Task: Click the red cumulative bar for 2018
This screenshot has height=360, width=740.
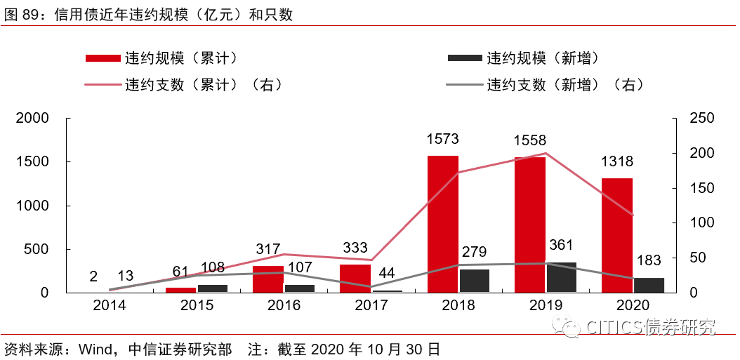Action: pos(443,224)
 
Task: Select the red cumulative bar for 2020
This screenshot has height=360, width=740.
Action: pos(617,235)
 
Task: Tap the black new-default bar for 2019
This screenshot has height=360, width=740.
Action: pos(562,277)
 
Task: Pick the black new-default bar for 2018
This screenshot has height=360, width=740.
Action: pos(475,281)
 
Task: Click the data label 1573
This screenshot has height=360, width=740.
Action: pos(443,140)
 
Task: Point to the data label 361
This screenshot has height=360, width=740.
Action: pos(561,245)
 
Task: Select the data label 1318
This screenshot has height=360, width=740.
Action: pos(617,162)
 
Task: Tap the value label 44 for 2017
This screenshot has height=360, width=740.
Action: pos(387,272)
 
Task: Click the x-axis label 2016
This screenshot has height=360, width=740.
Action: pos(284,305)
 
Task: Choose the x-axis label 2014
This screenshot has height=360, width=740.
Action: pos(110,305)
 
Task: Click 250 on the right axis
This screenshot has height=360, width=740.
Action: pos(702,119)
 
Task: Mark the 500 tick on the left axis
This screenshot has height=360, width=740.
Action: pos(38,249)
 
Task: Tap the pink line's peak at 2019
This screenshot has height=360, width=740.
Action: pos(546,153)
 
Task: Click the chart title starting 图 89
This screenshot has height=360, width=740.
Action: pos(147,14)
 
